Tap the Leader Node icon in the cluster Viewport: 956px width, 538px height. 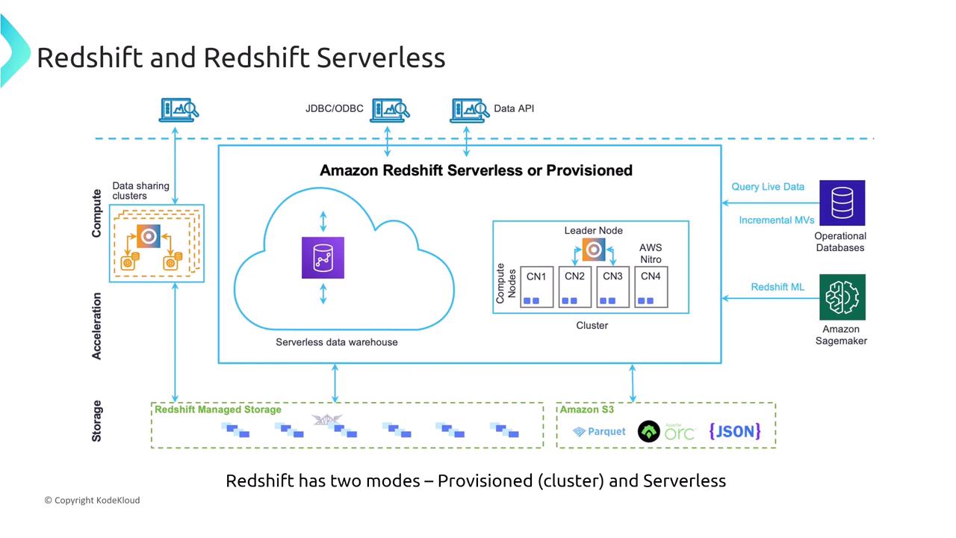pyautogui.click(x=594, y=250)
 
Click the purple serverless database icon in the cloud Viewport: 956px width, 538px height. pyautogui.click(x=323, y=258)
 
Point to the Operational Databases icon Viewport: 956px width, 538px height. pyautogui.click(x=842, y=202)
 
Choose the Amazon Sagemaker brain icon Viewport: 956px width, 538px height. pyautogui.click(x=842, y=297)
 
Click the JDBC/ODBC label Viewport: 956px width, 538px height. pyautogui.click(x=334, y=108)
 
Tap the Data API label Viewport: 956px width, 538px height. pyautogui.click(x=514, y=108)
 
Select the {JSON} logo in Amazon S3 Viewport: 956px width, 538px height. pyautogui.click(x=734, y=430)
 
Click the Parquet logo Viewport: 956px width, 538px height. pyautogui.click(x=600, y=431)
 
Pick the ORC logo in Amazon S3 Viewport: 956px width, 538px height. pyautogui.click(x=666, y=431)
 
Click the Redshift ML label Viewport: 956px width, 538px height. pyautogui.click(x=777, y=287)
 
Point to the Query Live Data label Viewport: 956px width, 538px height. pyautogui.click(x=768, y=187)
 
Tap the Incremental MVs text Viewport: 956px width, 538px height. pyautogui.click(x=776, y=220)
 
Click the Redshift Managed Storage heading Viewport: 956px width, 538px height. pyautogui.click(x=218, y=409)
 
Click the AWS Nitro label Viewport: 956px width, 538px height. pyautogui.click(x=651, y=253)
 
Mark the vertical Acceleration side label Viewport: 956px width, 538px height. pyautogui.click(x=96, y=326)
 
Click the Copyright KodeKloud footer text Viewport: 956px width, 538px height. pyautogui.click(x=92, y=500)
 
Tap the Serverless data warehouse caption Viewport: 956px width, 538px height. pyautogui.click(x=337, y=342)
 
